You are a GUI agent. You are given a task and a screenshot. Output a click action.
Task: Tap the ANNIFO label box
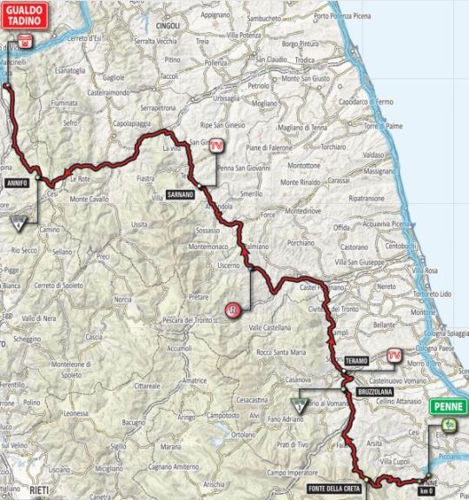pyautogui.click(x=17, y=184)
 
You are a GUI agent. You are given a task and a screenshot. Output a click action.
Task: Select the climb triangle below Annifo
pyautogui.click(x=17, y=224)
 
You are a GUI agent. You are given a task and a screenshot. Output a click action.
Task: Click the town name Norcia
pyautogui.click(x=122, y=299)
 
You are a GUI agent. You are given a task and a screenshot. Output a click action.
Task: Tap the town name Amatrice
pyautogui.click(x=195, y=379)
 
